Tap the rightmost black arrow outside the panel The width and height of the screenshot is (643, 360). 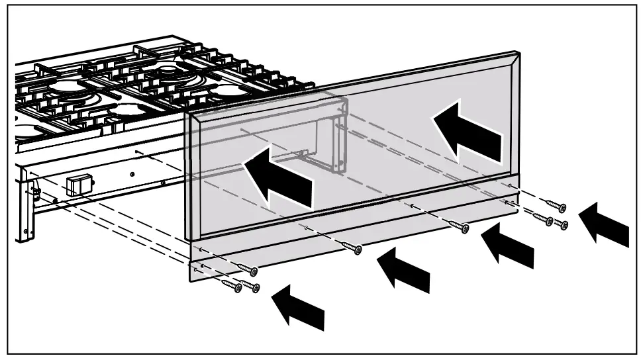click(x=603, y=226)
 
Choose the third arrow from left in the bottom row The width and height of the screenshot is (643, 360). click(x=507, y=244)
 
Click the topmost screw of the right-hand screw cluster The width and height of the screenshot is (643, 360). click(x=557, y=206)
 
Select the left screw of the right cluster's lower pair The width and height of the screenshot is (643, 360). click(x=544, y=220)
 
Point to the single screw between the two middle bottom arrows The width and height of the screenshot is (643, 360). click(x=459, y=227)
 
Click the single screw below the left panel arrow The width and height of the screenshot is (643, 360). click(x=354, y=249)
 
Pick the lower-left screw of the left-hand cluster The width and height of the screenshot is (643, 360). click(x=232, y=286)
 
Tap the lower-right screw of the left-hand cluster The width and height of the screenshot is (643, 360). click(x=251, y=287)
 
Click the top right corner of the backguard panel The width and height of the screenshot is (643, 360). click(x=516, y=54)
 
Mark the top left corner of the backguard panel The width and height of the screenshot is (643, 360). click(x=189, y=113)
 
